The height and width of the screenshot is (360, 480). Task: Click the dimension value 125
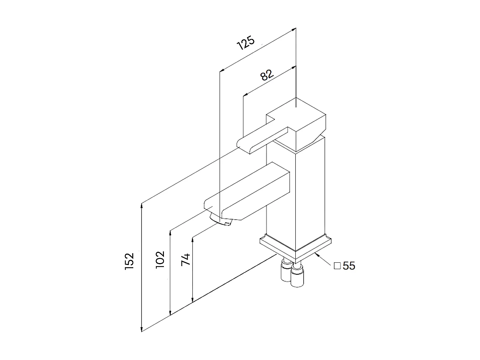click(x=246, y=43)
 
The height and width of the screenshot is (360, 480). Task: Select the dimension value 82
click(x=267, y=75)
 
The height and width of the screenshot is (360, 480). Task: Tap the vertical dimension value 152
click(x=129, y=261)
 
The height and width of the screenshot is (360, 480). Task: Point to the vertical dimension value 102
click(x=160, y=259)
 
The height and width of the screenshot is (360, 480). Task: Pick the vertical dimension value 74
click(x=185, y=260)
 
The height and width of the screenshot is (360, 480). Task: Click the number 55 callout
click(x=349, y=266)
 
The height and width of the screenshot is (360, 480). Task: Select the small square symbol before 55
click(x=337, y=266)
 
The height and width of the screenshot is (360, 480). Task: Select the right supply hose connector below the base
click(x=297, y=276)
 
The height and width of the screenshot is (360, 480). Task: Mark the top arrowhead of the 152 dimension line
click(x=142, y=206)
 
